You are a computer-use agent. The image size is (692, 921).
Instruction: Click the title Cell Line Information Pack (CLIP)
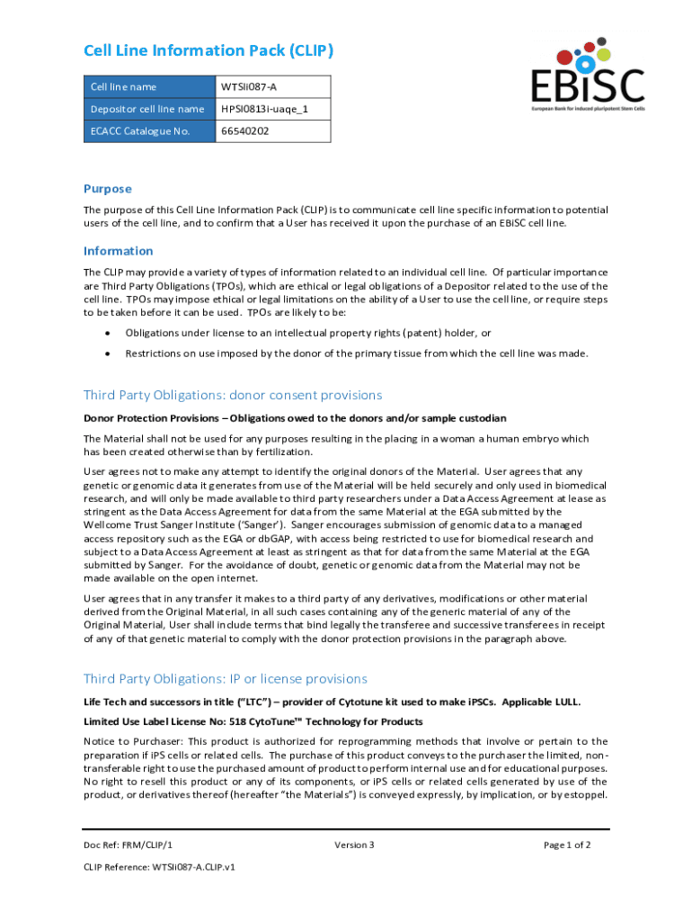(208, 51)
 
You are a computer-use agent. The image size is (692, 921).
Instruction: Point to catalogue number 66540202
(245, 131)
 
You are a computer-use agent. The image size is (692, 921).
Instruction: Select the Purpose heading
(108, 189)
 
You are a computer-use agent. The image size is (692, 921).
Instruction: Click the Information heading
(119, 251)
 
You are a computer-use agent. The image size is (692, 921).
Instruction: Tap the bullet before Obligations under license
(108, 333)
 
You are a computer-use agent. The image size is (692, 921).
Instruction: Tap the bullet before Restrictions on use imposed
(108, 353)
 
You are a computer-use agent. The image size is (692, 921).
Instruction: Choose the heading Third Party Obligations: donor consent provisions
(233, 395)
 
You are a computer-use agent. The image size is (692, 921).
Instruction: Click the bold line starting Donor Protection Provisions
(295, 418)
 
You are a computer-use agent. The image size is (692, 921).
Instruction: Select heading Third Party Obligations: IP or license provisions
(226, 678)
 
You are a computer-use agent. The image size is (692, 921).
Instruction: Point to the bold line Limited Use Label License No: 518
(253, 721)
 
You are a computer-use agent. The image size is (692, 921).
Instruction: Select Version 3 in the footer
(354, 845)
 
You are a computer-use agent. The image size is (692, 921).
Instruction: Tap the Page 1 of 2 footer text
(567, 845)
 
